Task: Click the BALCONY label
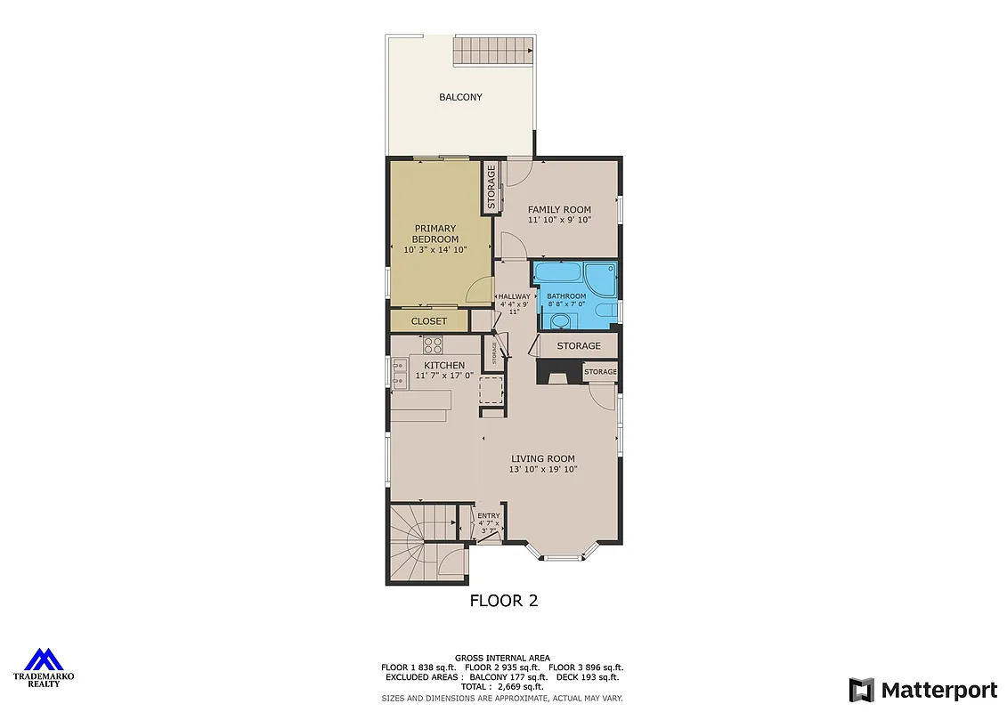[460, 97]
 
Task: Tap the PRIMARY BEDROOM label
[435, 234]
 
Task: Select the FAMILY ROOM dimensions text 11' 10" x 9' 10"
[559, 220]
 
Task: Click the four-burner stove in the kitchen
[433, 344]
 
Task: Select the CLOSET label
[429, 321]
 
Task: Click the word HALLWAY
[514, 296]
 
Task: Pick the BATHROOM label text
[566, 296]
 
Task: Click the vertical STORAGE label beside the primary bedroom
[491, 187]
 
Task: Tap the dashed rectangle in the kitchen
[491, 390]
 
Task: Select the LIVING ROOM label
[543, 459]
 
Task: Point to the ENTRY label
[489, 516]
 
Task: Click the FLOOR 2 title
[504, 601]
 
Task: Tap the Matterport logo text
[938, 690]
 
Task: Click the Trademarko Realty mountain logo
[43, 659]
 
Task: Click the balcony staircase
[494, 51]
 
